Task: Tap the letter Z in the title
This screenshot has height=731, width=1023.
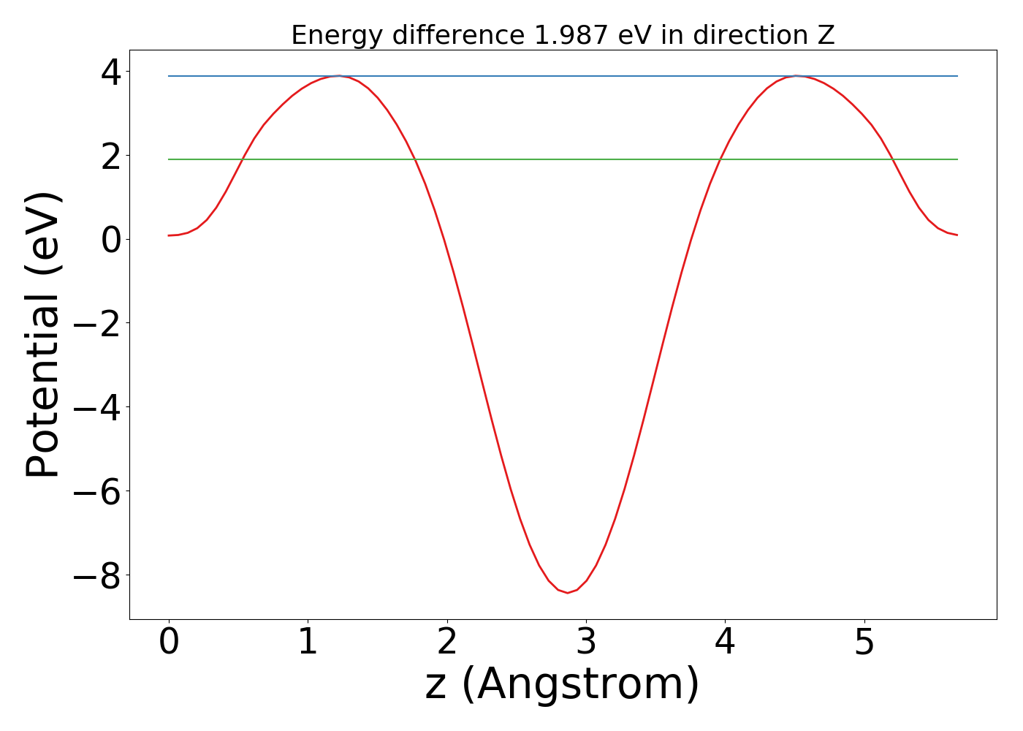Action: click(826, 35)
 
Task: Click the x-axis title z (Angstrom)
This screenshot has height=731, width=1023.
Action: click(562, 684)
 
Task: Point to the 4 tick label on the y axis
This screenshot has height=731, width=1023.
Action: click(112, 72)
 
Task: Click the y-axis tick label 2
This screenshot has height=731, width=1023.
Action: click(112, 156)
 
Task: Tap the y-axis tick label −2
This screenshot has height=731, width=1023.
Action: click(97, 324)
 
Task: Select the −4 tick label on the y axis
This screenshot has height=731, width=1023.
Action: click(97, 408)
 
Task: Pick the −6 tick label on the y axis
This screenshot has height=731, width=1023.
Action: click(97, 492)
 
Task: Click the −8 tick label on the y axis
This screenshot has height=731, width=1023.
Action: click(97, 576)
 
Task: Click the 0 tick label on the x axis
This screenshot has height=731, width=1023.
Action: click(169, 643)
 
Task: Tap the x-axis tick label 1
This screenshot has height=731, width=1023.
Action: click(308, 643)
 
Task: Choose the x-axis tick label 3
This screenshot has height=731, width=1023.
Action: click(586, 643)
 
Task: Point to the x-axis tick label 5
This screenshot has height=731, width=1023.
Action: click(864, 643)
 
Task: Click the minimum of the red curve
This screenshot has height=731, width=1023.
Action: click(568, 593)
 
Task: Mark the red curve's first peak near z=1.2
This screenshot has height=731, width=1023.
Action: click(338, 76)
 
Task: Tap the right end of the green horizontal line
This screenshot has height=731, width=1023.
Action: click(957, 159)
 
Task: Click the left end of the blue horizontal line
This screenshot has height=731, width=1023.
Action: click(169, 76)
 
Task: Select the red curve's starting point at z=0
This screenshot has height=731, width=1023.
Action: click(169, 235)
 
